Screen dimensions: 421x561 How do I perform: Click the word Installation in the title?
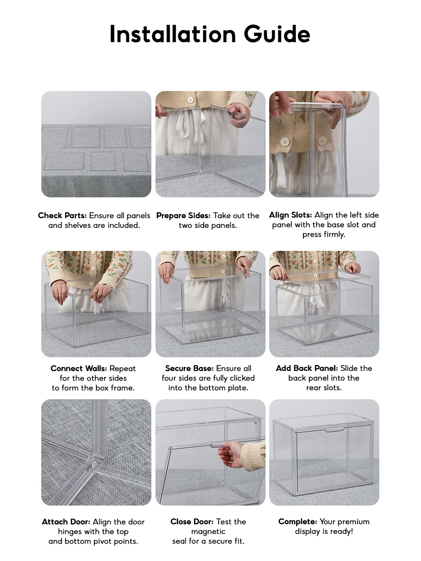pyautogui.click(x=173, y=34)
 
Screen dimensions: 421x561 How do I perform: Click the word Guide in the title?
pyautogui.click(x=277, y=35)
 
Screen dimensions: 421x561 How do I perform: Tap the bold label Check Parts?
pyautogui.click(x=62, y=215)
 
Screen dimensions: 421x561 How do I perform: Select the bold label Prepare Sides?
pyautogui.click(x=183, y=216)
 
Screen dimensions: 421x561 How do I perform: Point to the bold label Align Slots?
pyautogui.click(x=290, y=215)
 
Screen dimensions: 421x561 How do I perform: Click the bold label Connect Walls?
pyautogui.click(x=79, y=369)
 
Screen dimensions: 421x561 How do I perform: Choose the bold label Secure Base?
pyautogui.click(x=189, y=368)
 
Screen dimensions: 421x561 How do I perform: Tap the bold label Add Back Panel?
pyautogui.click(x=307, y=368)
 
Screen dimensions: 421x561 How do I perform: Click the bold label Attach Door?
pyautogui.click(x=66, y=522)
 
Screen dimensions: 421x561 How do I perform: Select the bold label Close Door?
pyautogui.click(x=192, y=522)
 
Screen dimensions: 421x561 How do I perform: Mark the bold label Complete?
pyautogui.click(x=298, y=522)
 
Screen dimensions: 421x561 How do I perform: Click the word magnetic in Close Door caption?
pyautogui.click(x=209, y=531)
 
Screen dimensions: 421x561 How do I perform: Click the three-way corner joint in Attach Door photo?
pyautogui.click(x=96, y=458)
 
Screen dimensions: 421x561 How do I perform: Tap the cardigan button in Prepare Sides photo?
pyautogui.click(x=191, y=100)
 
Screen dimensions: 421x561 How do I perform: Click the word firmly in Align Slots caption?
pyautogui.click(x=334, y=235)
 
